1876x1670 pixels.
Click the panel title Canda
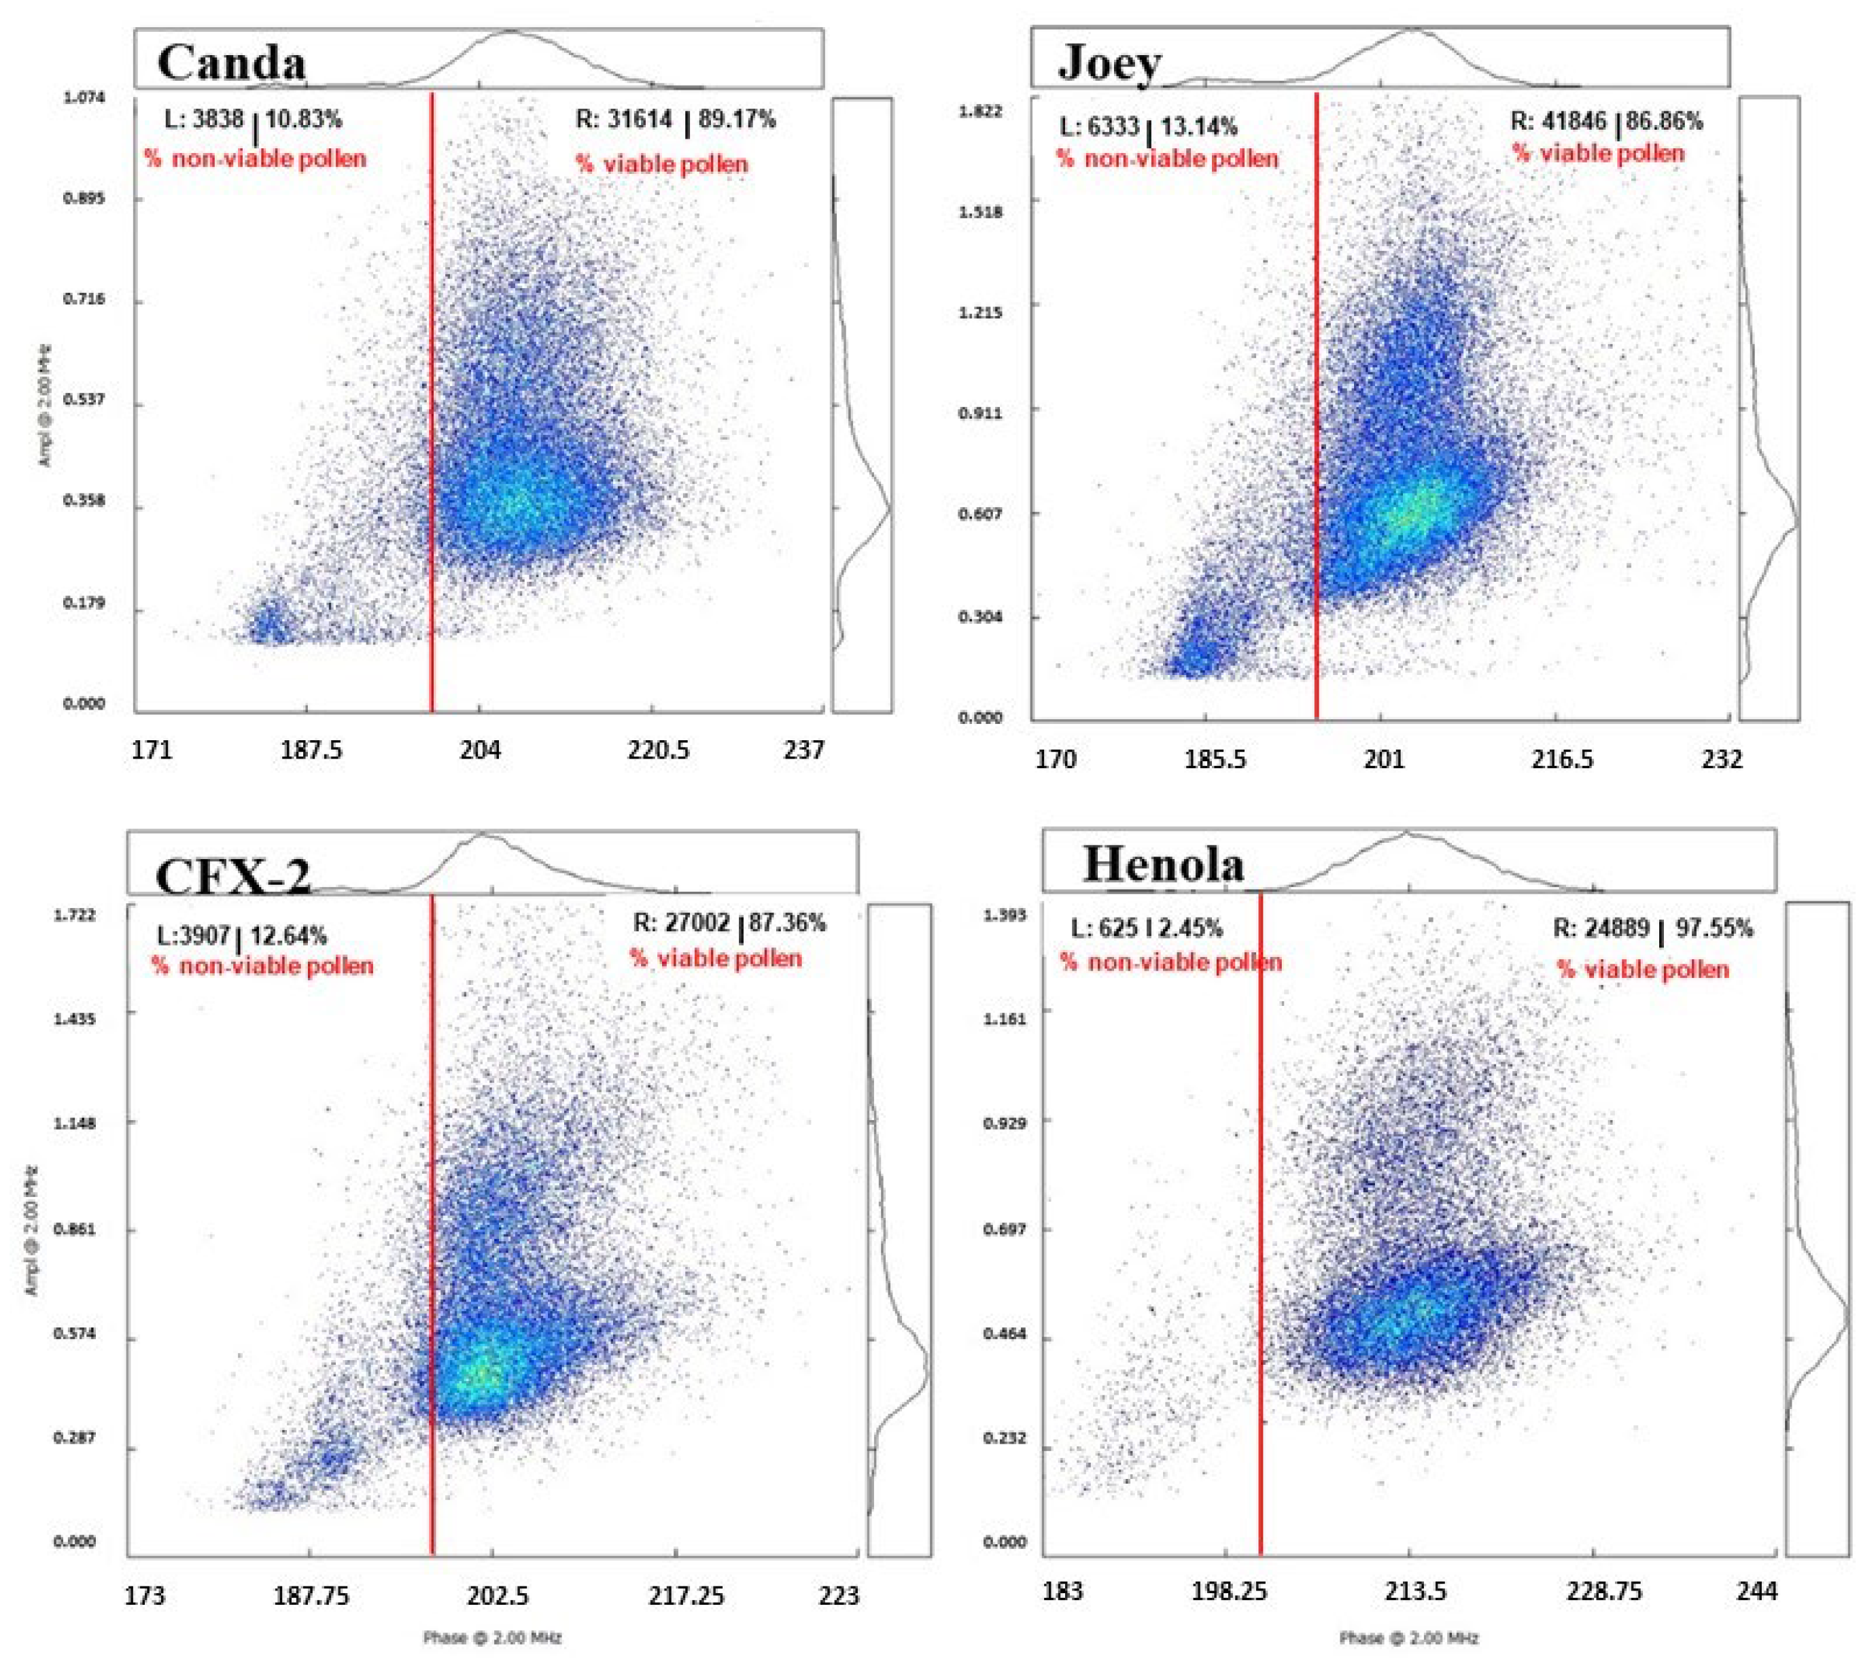231,63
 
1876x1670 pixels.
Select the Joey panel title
1110,63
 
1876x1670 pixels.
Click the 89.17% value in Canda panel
737,120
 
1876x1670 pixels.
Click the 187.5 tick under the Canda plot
311,750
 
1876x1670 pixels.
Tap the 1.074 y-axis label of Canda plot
84,97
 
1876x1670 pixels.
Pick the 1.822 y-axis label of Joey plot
981,112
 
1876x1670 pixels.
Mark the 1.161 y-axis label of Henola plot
1005,1017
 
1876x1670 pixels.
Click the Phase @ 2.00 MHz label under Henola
1409,1637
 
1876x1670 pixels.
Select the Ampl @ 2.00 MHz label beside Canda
46,404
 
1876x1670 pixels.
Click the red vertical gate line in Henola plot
1260,1285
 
